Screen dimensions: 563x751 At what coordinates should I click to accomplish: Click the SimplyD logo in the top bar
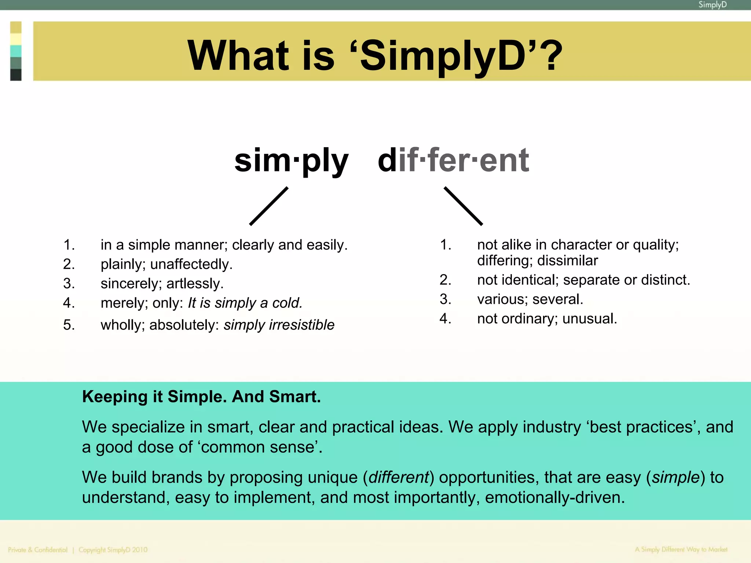point(712,5)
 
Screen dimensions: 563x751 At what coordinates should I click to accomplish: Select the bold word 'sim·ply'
point(291,160)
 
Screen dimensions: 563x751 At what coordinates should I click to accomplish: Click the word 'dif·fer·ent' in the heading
point(453,160)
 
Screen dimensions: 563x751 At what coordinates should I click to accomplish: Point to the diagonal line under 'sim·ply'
point(269,206)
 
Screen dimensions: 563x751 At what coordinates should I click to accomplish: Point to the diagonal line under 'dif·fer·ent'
point(463,206)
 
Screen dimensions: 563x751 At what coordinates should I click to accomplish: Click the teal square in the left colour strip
point(16,51)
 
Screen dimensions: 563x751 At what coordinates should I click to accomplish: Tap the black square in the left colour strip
point(16,75)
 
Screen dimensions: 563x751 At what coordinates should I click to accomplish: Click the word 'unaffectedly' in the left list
point(191,264)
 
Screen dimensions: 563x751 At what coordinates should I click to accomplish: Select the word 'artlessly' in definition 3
point(195,284)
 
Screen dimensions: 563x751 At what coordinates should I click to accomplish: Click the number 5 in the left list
point(69,325)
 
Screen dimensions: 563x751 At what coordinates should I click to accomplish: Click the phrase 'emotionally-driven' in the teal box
point(554,498)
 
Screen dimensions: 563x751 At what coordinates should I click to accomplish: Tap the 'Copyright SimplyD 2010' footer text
point(113,550)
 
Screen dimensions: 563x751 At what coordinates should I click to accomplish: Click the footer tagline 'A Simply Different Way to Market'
point(681,549)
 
